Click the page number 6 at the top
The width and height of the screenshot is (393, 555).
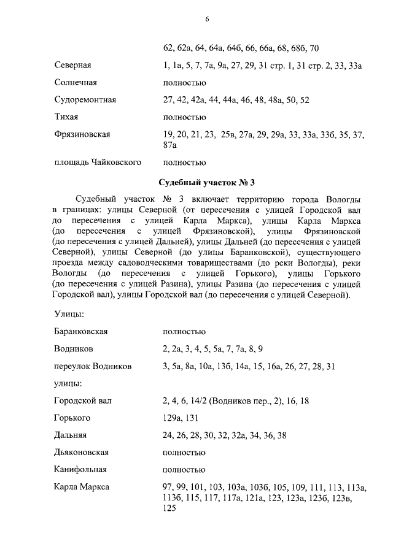[207, 19]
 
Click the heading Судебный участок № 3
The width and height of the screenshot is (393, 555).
[206, 183]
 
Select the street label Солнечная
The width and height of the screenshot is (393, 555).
[76, 82]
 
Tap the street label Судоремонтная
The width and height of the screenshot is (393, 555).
[85, 99]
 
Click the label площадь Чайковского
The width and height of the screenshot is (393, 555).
[98, 163]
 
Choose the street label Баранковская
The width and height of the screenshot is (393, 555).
[82, 331]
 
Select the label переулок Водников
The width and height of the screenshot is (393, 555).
[93, 366]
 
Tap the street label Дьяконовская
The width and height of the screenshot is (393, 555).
[82, 452]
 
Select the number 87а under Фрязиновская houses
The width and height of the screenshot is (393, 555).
[170, 145]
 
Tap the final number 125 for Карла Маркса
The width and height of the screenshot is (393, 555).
[169, 508]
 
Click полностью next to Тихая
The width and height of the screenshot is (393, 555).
[184, 117]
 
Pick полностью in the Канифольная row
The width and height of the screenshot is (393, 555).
[184, 470]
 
